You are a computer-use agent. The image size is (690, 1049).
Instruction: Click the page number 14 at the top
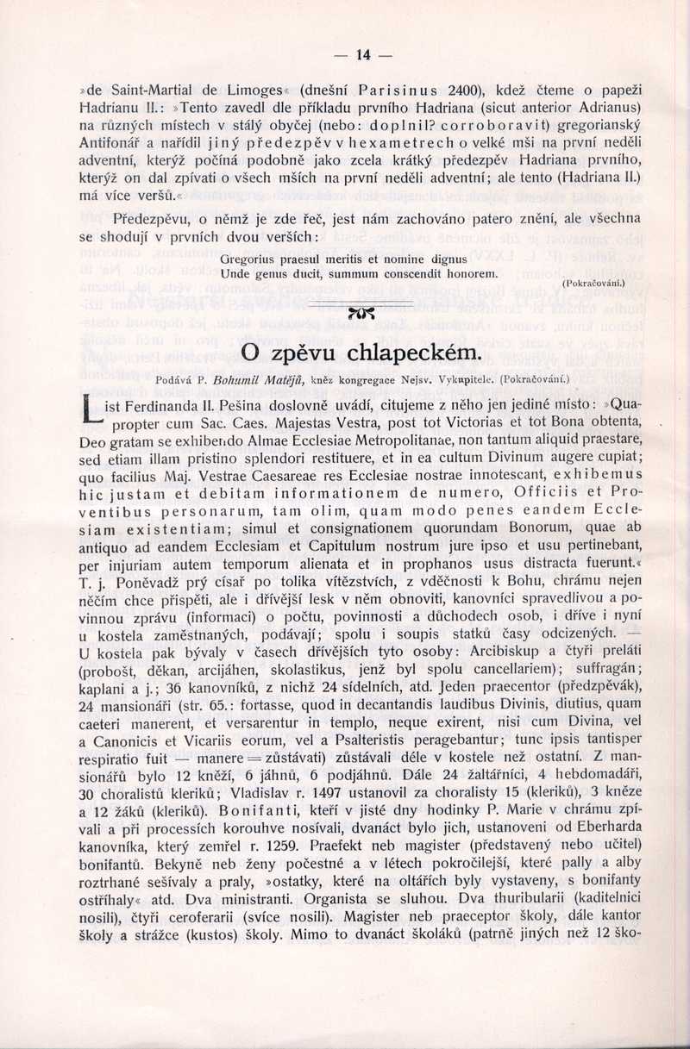click(362, 55)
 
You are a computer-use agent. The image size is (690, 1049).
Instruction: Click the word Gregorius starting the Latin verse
click(250, 258)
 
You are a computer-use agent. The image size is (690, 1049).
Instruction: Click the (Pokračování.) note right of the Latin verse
click(593, 283)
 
